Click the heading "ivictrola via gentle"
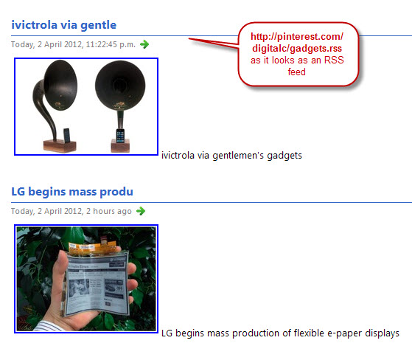click(63, 25)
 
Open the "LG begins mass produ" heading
click(72, 192)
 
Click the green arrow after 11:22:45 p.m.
click(144, 44)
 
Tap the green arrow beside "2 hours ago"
click(141, 211)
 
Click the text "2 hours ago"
click(109, 211)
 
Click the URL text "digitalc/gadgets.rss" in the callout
click(297, 49)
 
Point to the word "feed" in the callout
click(296, 72)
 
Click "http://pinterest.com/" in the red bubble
click(297, 37)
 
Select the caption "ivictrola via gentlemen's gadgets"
click(231, 156)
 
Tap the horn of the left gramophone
click(60, 85)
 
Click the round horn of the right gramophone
click(120, 86)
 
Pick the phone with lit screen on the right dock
click(120, 136)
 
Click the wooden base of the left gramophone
click(60, 146)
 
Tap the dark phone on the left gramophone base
click(67, 135)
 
